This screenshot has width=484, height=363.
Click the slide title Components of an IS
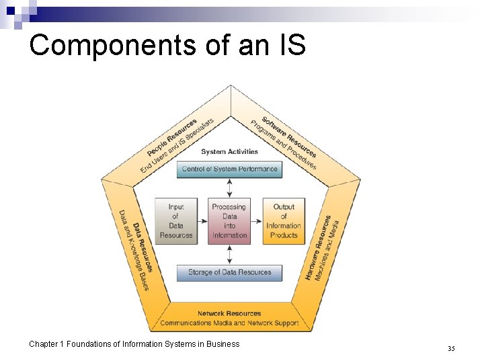167,45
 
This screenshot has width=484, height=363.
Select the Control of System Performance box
230,169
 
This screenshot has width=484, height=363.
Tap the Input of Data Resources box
176,221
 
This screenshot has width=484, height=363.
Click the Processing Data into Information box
230,221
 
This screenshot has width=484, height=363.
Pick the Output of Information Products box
283,221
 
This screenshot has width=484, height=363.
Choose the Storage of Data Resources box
230,273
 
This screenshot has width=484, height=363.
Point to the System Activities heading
230,152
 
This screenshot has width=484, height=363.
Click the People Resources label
172,138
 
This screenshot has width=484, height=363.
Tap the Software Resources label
289,137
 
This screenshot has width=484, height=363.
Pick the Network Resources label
229,313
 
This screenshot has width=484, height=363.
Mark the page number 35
451,348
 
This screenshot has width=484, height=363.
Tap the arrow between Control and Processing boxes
230,188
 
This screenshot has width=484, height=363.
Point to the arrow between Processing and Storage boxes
230,254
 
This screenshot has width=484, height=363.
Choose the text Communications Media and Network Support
229,323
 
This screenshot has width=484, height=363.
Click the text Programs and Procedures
282,145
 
